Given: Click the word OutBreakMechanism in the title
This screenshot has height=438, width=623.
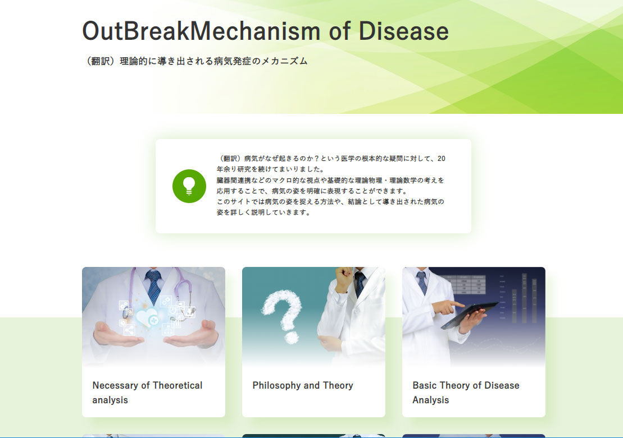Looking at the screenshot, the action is tap(201, 31).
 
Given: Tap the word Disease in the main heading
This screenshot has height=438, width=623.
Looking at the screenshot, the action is tap(404, 31).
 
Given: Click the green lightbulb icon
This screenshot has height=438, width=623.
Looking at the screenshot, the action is tap(189, 186).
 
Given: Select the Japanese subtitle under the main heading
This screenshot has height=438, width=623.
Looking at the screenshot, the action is tap(195, 61).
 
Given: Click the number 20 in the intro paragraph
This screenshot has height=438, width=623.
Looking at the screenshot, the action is tap(442, 158).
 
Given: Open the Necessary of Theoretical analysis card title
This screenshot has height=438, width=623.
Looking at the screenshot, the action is tap(147, 393).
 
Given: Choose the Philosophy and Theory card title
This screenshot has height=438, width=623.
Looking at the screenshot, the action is tap(303, 385).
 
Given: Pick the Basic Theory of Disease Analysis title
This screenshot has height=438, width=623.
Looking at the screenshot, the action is tap(466, 393).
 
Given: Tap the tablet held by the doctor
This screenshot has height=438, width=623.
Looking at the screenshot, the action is tap(470, 314).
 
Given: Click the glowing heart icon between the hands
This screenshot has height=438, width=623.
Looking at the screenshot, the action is tap(147, 318).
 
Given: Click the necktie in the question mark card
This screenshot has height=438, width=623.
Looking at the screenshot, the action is tap(360, 283).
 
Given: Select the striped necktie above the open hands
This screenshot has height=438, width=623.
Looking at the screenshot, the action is tap(154, 285).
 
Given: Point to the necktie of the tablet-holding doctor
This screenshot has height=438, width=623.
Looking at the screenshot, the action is tap(422, 283).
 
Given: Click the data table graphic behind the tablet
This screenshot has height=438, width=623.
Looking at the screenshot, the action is tap(466, 284).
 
